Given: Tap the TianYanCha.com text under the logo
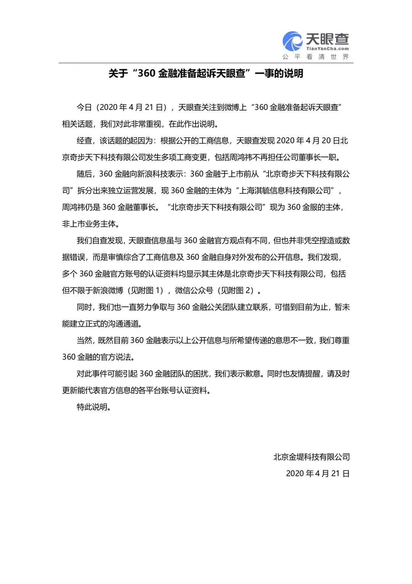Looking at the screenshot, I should coord(327,49).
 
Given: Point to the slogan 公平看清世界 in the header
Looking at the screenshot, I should coord(315,57).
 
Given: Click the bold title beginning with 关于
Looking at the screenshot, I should coord(206,73).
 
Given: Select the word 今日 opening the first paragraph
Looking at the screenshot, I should coord(84,107).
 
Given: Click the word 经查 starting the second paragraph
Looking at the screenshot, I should coord(84,141).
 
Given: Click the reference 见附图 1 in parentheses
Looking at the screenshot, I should coord(147,290).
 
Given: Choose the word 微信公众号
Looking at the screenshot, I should coord(194,290).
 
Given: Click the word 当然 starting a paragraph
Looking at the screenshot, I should coord(84,341).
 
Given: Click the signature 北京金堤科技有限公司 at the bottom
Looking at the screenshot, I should coord(311,457).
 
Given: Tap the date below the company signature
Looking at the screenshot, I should coord(317,474).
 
